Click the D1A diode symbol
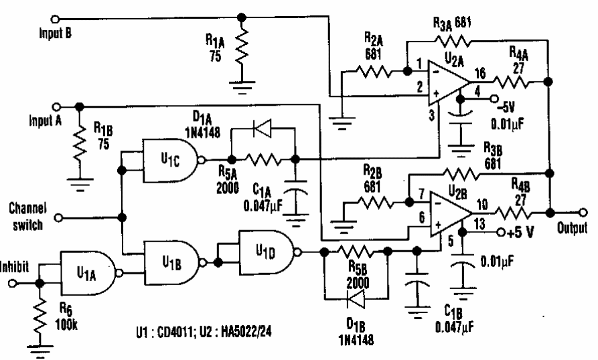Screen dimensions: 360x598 tap(263, 130)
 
